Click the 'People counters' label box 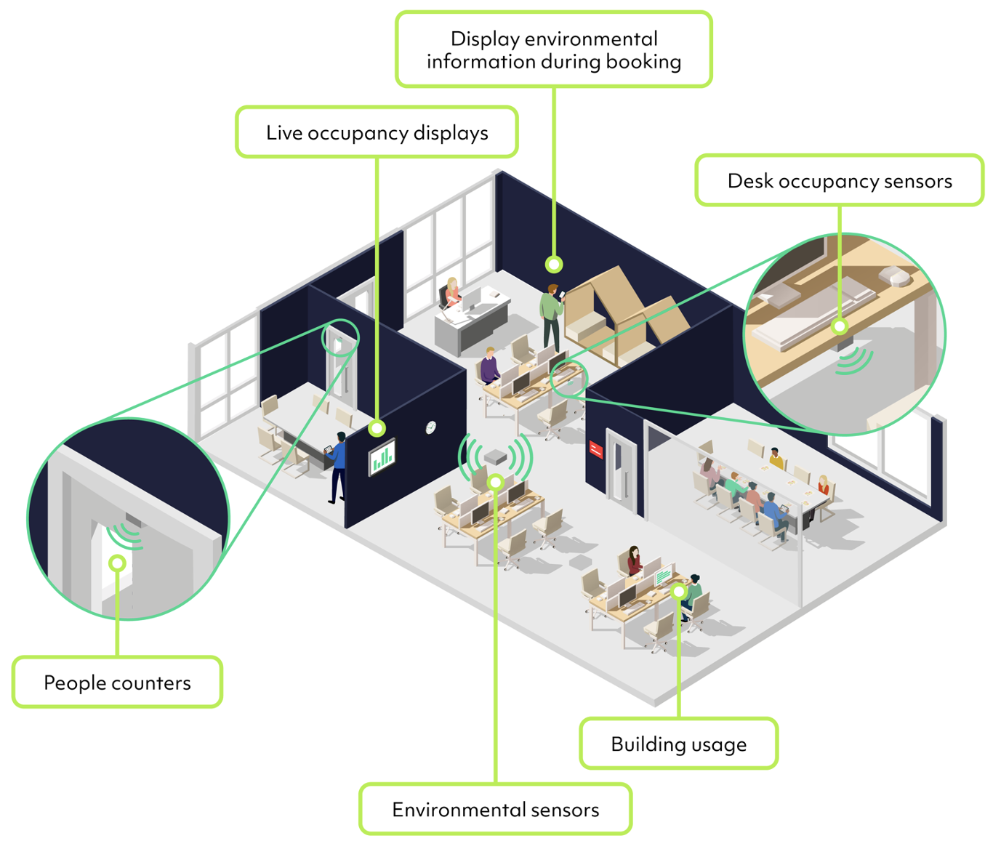coord(117,683)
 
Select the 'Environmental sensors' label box coord(495,809)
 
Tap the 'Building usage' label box coord(678,744)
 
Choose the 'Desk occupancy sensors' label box coord(839,180)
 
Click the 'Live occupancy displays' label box coord(377,132)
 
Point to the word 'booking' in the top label coord(643,62)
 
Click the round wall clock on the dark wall coord(430,427)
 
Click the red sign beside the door coord(596,450)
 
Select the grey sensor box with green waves coord(496,456)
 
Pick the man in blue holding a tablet coord(337,465)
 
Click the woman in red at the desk coord(634,560)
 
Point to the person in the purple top coord(490,366)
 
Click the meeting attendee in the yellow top coord(776,459)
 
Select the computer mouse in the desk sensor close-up coord(896,275)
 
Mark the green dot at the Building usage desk coord(678,592)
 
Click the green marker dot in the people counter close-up coord(117,563)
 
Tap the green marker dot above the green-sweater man coord(554,264)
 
